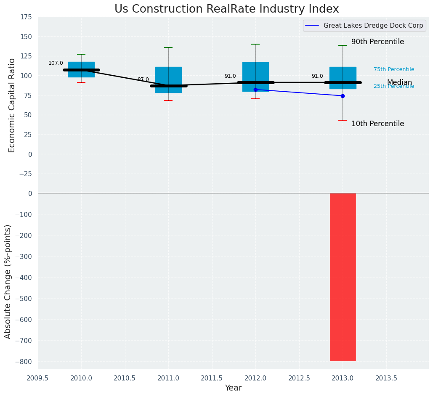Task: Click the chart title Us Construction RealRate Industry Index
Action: [226, 9]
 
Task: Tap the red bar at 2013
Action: [343, 277]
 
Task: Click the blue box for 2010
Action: [81, 69]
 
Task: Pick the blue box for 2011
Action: [168, 79]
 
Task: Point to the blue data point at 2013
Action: [343, 96]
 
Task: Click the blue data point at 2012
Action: [255, 90]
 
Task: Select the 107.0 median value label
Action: [56, 63]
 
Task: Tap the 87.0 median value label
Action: [143, 79]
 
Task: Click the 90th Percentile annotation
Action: [377, 42]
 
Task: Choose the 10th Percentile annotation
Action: [377, 124]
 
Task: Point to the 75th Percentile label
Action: [393, 69]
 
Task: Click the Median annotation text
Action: [399, 82]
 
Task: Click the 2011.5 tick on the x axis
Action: [212, 378]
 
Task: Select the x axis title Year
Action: [233, 388]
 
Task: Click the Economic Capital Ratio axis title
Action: [12, 105]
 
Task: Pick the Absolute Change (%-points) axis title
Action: [8, 281]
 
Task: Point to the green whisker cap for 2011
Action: [168, 48]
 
